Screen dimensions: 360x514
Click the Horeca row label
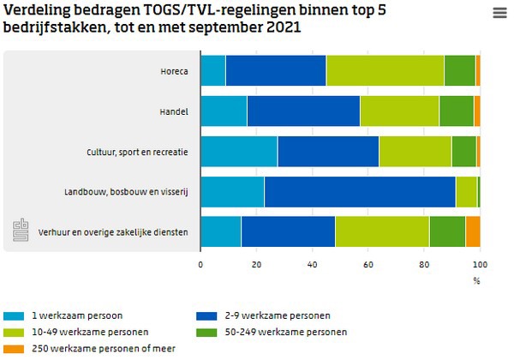click(174, 71)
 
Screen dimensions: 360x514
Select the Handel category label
click(175, 111)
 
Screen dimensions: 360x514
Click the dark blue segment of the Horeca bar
click(276, 71)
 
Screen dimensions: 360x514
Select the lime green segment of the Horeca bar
click(385, 71)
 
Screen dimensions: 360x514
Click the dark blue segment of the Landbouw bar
click(360, 192)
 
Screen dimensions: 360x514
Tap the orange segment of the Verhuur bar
click(473, 232)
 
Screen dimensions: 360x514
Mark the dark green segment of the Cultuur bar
click(463, 152)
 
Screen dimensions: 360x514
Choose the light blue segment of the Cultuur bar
click(239, 152)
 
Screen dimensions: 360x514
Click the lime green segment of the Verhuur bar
click(382, 232)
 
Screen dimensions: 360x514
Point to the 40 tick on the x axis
click(312, 264)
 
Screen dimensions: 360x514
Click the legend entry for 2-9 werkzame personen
click(255, 315)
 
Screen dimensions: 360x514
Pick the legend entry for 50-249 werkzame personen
click(260, 331)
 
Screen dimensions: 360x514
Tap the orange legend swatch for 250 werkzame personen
click(14, 347)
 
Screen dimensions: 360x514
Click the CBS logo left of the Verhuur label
click(21, 231)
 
